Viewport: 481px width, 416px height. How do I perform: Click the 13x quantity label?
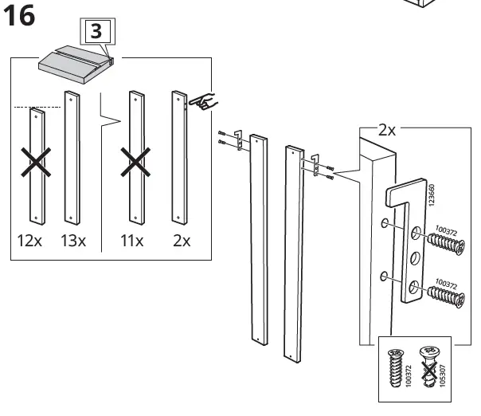(x=73, y=241)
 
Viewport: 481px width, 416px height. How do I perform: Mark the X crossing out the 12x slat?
(x=36, y=163)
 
